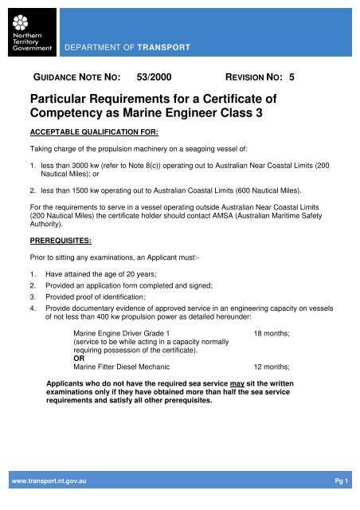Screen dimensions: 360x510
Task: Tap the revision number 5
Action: pos(292,80)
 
